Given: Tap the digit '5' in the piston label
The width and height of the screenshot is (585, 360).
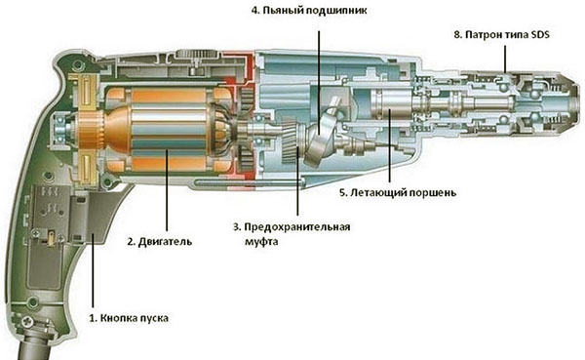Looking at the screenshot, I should click(342, 194).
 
